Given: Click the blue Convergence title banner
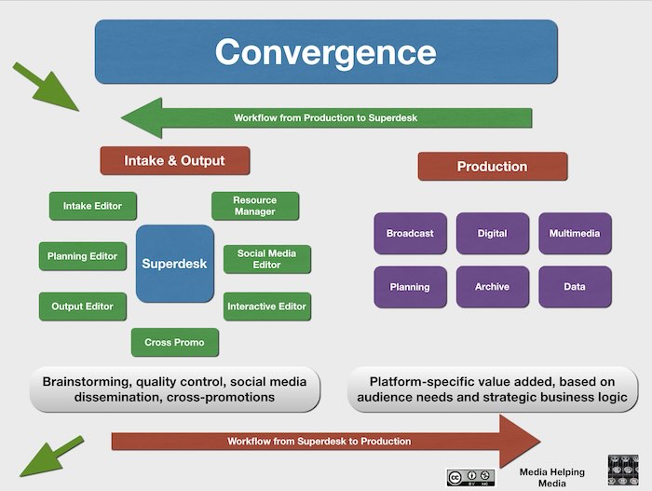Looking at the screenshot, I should (x=326, y=51).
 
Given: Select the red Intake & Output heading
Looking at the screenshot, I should (x=174, y=160).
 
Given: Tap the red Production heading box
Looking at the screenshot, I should (x=492, y=167).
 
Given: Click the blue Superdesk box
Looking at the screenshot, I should (x=174, y=264).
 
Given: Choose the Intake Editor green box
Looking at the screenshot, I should (x=92, y=206).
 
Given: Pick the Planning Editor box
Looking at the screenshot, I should (x=82, y=256).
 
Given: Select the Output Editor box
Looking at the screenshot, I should (x=82, y=307).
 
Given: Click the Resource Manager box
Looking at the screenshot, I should (x=254, y=206).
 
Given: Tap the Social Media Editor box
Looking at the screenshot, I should (x=266, y=259).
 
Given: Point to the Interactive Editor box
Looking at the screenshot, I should (x=266, y=307).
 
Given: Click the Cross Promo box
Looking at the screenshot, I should (x=174, y=343).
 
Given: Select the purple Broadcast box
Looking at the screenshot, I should (x=410, y=234).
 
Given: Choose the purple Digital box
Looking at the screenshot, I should (x=492, y=234).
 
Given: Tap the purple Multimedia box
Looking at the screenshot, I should (x=575, y=234).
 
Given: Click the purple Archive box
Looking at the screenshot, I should (x=492, y=287).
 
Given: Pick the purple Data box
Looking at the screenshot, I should (x=575, y=287).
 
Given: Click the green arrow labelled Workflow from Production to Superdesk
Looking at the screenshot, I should (x=326, y=118).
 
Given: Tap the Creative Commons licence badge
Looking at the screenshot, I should (x=470, y=476).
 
